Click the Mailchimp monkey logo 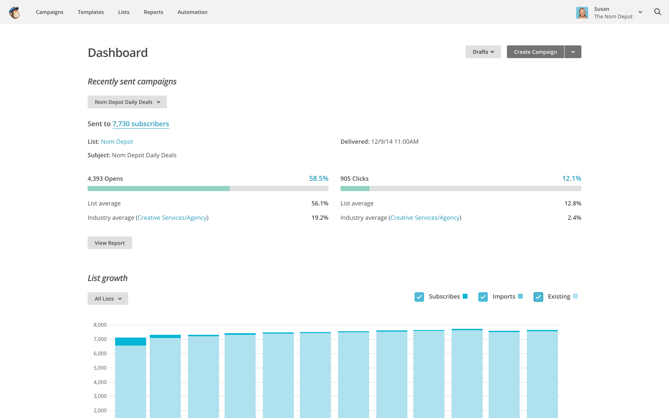tap(14, 12)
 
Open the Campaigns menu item tap(50, 12)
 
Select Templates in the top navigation tap(91, 12)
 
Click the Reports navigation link tap(154, 12)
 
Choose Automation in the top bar tap(192, 12)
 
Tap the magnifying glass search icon tap(657, 12)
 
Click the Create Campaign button tap(535, 52)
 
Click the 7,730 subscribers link tap(141, 124)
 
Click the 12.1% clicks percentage tap(571, 179)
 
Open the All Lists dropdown tap(108, 299)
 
